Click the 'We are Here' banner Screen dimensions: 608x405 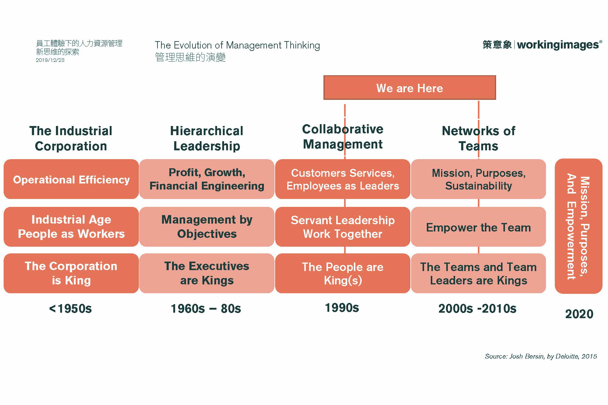coord(410,88)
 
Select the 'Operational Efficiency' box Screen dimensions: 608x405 coord(71,179)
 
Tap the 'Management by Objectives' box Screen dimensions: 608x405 coord(207,227)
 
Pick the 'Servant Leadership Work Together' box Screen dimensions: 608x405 coord(343,227)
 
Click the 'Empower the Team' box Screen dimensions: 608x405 coord(478,227)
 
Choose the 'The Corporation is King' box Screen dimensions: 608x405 coord(71,273)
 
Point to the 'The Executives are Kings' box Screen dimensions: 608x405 coord(207,273)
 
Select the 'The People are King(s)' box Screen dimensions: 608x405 coord(343,273)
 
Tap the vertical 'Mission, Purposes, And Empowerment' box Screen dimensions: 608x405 coord(578,226)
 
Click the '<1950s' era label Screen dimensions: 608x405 coord(71,309)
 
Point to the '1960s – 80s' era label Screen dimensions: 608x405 coord(206,309)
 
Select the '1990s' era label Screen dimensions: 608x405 coord(342,308)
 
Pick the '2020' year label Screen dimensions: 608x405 coord(579,314)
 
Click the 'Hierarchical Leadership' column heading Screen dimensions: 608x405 coord(207,138)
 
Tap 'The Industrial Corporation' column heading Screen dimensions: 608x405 coord(71,138)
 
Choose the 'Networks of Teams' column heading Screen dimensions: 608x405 coord(479,138)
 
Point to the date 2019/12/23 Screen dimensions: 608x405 coord(50,60)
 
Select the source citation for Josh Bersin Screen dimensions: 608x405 coord(541,356)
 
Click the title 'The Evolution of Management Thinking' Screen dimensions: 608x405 coord(237,45)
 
